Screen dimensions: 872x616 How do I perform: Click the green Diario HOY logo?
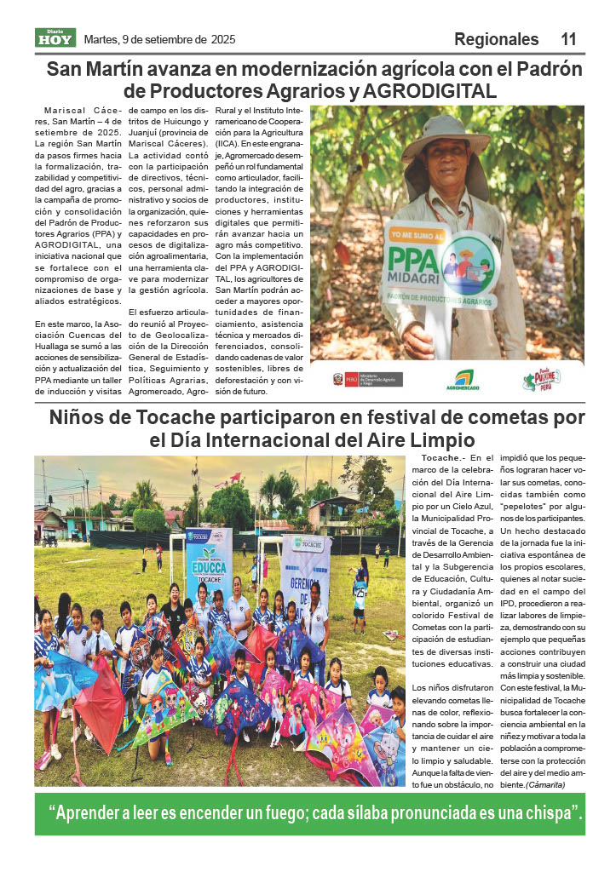tap(55, 37)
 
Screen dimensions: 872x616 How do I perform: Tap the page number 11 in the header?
tap(568, 39)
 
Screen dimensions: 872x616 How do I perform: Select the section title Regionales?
tap(496, 39)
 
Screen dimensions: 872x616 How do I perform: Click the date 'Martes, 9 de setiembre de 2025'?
tap(159, 39)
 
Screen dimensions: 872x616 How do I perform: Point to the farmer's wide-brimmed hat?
tap(444, 136)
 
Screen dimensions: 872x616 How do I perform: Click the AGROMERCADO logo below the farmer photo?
tap(463, 380)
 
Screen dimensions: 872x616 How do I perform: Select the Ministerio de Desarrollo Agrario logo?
tap(367, 379)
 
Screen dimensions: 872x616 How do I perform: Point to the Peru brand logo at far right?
tap(541, 380)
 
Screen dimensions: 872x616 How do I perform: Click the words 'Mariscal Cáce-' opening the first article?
tap(83, 111)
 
